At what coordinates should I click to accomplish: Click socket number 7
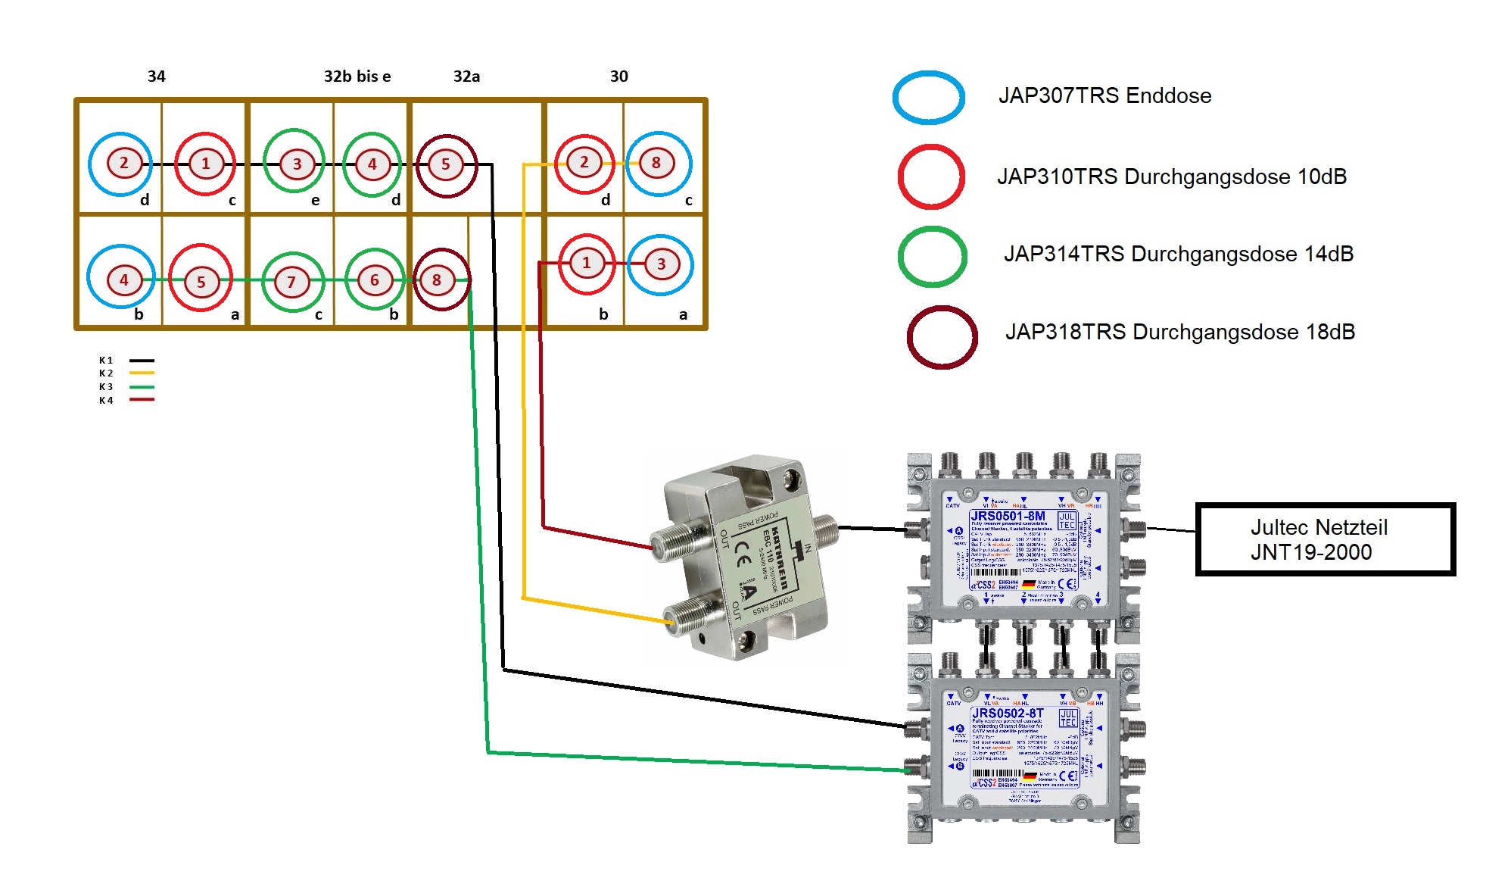pos(291,282)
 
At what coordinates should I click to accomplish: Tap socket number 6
pos(374,280)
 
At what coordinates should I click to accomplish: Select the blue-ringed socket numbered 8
pos(656,163)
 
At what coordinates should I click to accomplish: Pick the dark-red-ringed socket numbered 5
pos(446,164)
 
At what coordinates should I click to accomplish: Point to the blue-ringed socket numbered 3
pos(661,264)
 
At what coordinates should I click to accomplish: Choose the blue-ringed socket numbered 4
pos(123,280)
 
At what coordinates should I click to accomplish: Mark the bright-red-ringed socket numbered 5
pos(201,282)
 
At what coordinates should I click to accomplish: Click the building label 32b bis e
pos(357,77)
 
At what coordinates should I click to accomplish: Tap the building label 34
pos(156,77)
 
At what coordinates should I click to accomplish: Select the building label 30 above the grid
pos(618,77)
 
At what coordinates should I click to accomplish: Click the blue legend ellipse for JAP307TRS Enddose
pos(928,97)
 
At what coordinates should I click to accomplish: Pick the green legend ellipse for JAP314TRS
pos(932,257)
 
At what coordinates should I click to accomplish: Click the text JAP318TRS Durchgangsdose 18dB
pos(1179,332)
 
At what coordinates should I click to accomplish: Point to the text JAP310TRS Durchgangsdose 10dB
pos(1171,176)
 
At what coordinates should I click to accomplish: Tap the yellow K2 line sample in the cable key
pos(142,373)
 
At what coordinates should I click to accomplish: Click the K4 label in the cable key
pos(106,401)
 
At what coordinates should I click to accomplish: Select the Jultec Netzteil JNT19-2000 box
pos(1324,539)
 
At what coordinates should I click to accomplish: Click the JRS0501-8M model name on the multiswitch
pos(1008,516)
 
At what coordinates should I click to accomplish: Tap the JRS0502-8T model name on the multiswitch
pos(1007,713)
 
